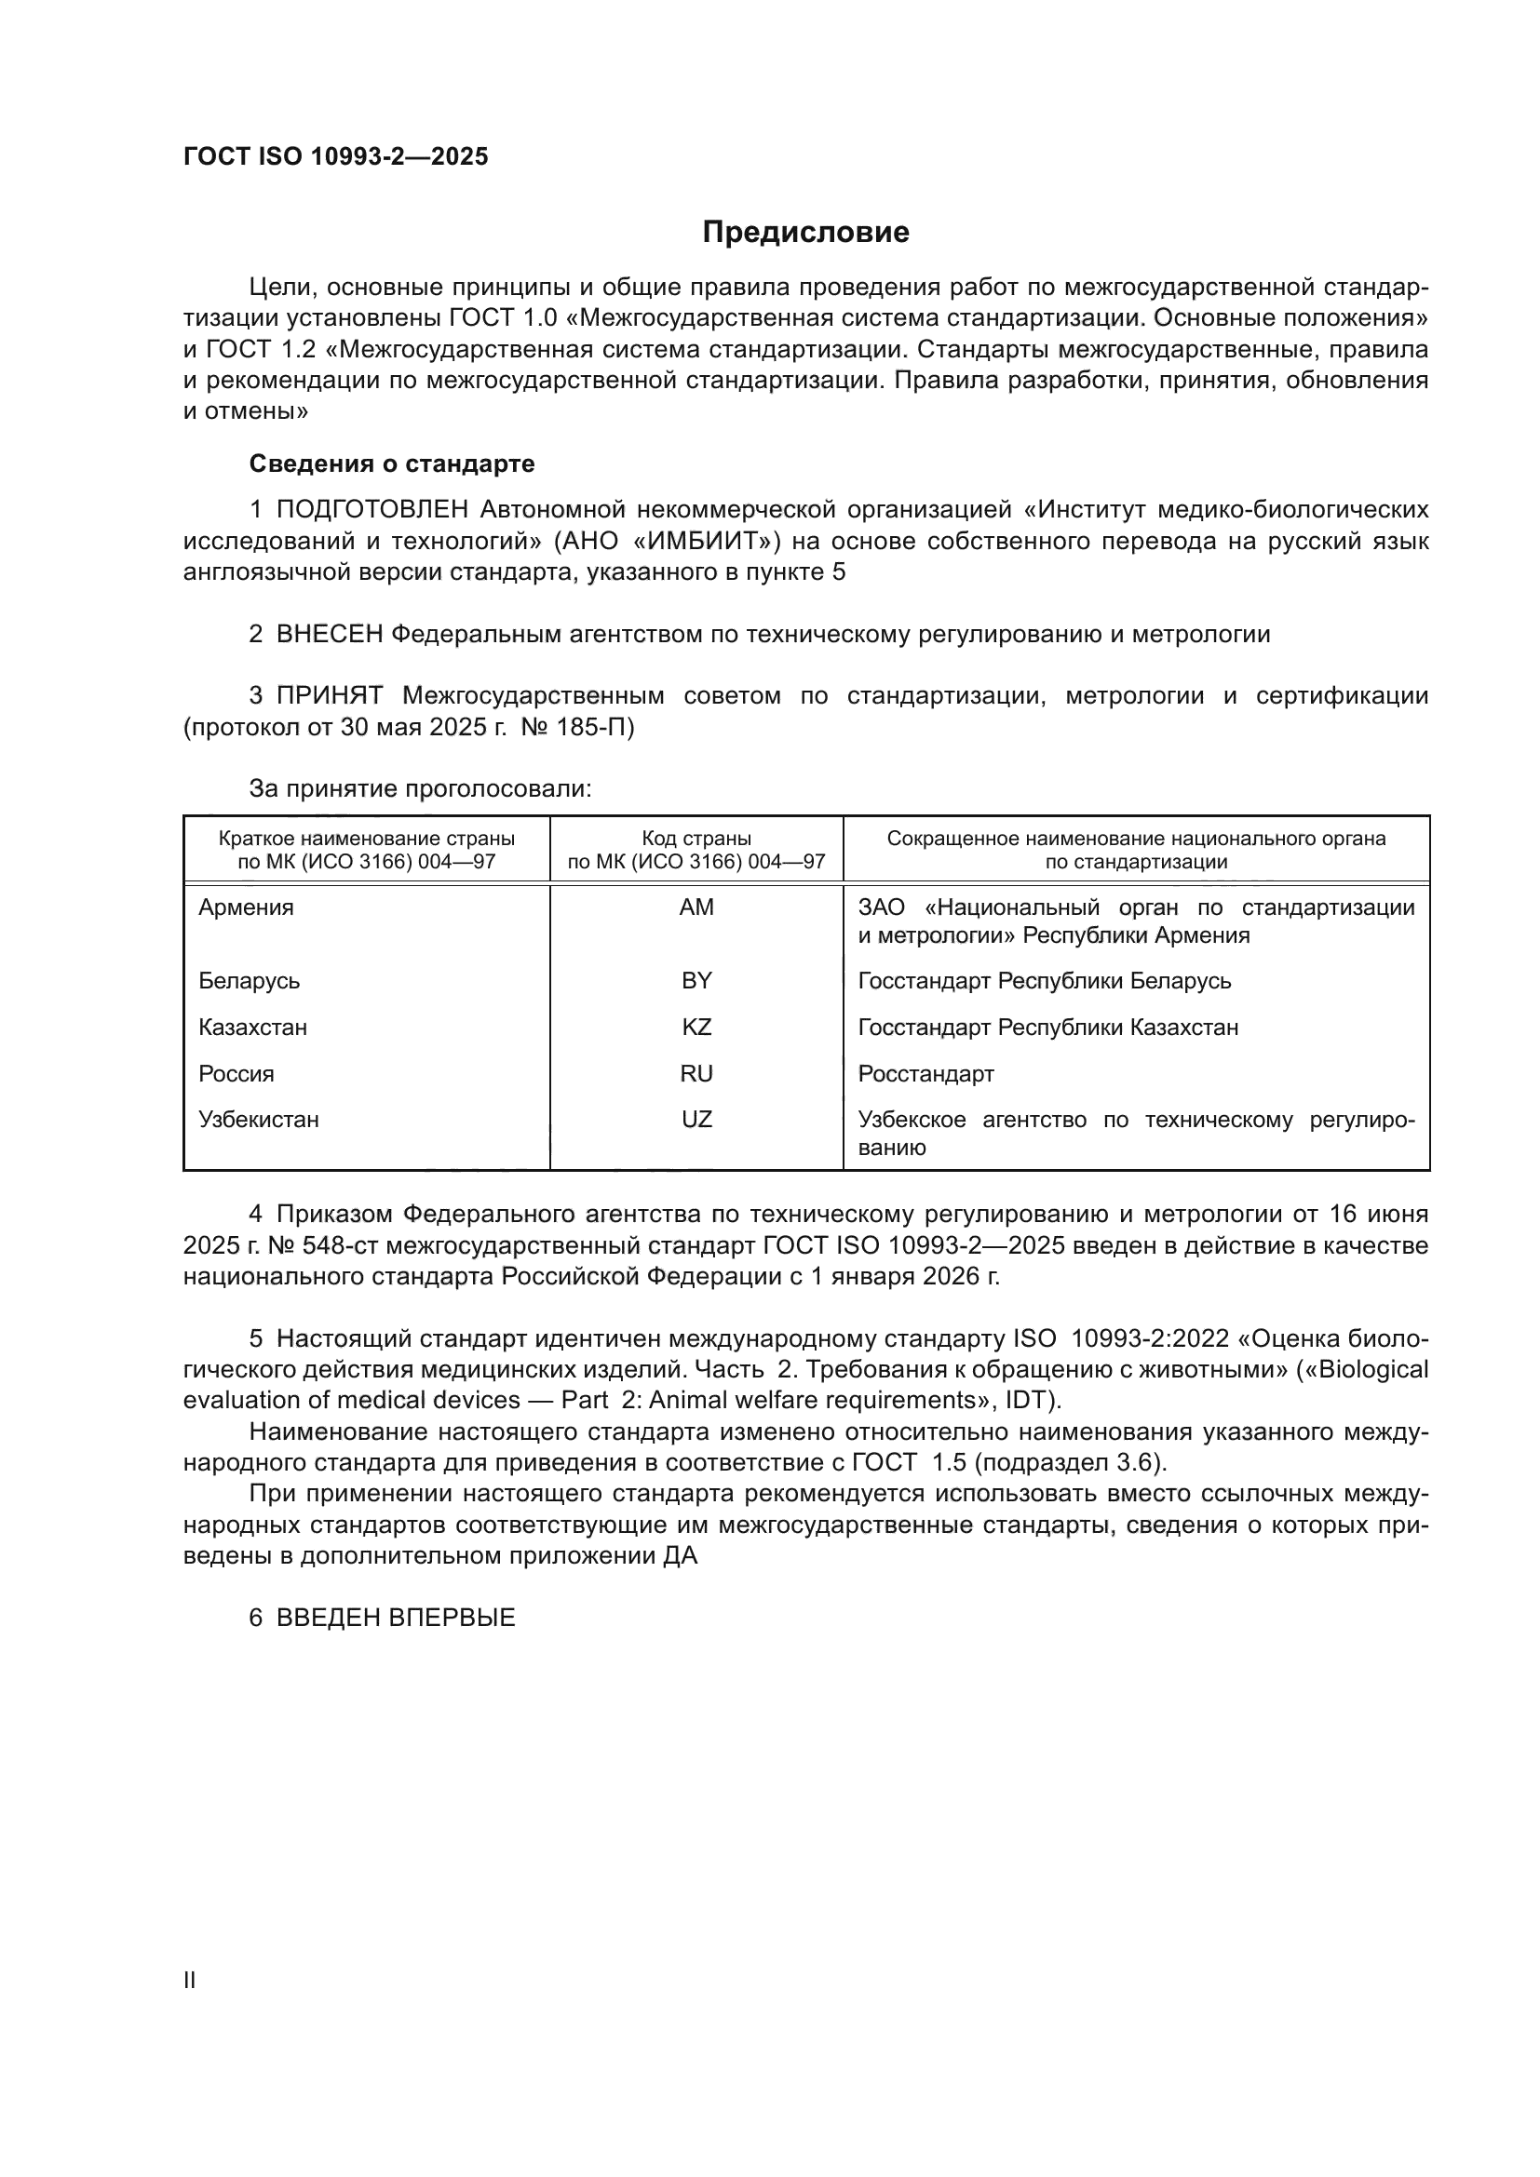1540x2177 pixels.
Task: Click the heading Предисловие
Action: click(x=805, y=233)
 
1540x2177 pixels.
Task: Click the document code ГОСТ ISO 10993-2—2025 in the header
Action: click(x=336, y=156)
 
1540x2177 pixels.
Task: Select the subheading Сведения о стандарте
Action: click(x=392, y=464)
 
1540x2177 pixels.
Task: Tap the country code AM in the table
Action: click(x=696, y=907)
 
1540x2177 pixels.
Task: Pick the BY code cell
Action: click(x=696, y=980)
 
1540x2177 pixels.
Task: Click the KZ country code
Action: click(x=696, y=1027)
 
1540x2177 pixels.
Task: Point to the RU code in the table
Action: click(x=696, y=1073)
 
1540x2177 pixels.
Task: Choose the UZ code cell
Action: click(x=696, y=1119)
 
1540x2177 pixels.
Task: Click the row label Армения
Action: click(x=246, y=907)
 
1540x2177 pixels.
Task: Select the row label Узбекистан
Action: click(x=258, y=1119)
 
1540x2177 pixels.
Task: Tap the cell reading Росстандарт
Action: click(x=925, y=1073)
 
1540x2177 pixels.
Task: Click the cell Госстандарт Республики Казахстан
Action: click(x=1047, y=1027)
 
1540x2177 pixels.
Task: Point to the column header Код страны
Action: click(x=696, y=839)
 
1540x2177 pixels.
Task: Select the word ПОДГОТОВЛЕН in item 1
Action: click(x=371, y=510)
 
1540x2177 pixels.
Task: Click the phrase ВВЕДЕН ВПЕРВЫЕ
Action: click(x=396, y=1618)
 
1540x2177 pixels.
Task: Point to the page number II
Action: click(x=190, y=1980)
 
